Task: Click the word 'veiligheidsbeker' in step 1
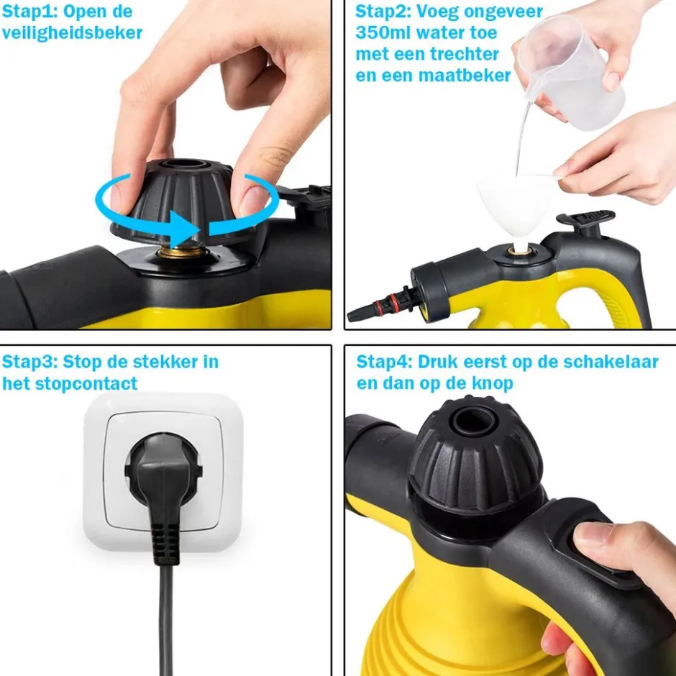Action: point(72,33)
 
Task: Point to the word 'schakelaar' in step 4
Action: point(611,362)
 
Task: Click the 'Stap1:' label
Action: point(29,12)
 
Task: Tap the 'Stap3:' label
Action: point(29,362)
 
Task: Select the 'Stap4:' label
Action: point(385,362)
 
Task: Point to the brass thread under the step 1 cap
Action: point(181,252)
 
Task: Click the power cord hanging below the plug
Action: point(165,620)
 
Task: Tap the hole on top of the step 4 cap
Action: point(473,421)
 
